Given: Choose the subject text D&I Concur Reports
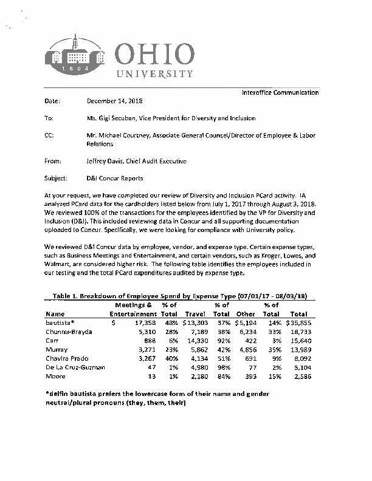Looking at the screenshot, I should click(115, 179).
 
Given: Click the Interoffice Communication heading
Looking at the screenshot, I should click(280, 92).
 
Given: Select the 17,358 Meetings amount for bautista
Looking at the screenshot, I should click(142, 323).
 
